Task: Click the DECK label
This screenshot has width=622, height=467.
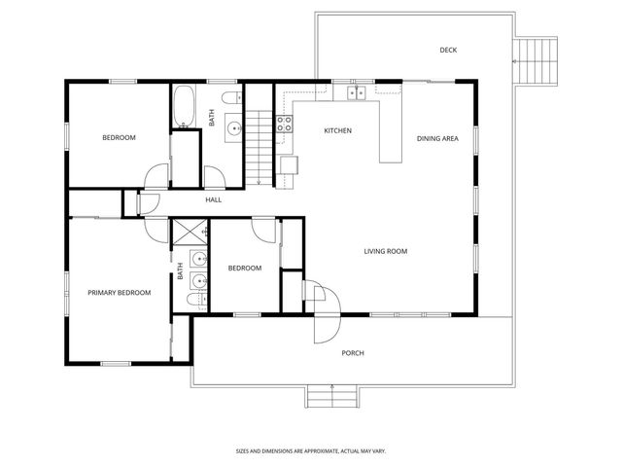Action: click(448, 51)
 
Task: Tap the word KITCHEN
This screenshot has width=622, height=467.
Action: click(337, 130)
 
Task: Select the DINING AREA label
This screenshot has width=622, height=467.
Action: click(437, 138)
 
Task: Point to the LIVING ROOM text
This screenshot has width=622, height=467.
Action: click(385, 251)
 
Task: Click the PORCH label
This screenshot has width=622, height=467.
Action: click(353, 353)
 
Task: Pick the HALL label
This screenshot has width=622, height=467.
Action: click(213, 199)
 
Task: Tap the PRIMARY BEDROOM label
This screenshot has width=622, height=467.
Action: click(119, 292)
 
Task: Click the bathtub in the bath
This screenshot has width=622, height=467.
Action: click(184, 106)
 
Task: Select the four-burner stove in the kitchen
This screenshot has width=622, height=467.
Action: click(286, 123)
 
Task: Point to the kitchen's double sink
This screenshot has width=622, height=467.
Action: click(356, 92)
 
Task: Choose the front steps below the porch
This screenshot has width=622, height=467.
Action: click(331, 396)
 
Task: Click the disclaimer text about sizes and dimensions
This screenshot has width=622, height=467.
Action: click(310, 450)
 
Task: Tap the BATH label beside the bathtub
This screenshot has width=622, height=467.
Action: click(211, 118)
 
